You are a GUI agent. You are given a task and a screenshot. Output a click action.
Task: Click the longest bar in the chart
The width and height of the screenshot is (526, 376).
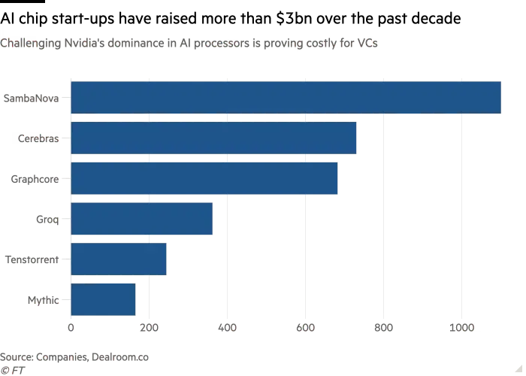coord(287,97)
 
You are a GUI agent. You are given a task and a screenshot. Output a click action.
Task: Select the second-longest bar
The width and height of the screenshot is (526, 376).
coord(215,138)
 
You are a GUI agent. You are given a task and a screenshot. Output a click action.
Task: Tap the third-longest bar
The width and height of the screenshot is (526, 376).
coord(206,179)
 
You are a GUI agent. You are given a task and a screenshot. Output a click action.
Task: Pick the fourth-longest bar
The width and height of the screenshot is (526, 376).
coord(143,220)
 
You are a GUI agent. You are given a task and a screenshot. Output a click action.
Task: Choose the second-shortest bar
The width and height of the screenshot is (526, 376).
coord(119,260)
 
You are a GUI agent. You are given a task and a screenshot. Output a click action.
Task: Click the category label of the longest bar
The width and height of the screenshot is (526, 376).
coord(32,97)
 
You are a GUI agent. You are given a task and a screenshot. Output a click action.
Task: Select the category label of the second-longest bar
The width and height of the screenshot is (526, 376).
coord(39,138)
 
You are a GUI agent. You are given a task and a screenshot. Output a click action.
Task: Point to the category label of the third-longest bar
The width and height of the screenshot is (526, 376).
coord(33,179)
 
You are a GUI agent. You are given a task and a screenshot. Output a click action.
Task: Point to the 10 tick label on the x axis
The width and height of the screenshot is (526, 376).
coord(150,329)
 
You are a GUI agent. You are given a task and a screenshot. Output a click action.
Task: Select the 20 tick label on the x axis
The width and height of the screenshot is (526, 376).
coord(228,329)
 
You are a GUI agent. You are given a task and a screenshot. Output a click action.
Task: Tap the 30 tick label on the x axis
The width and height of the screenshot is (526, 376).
coord(306,329)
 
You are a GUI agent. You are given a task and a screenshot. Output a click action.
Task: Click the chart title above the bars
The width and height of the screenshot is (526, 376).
coord(188,43)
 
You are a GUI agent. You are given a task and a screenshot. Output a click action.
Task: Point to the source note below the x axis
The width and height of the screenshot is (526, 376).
coord(75,357)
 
